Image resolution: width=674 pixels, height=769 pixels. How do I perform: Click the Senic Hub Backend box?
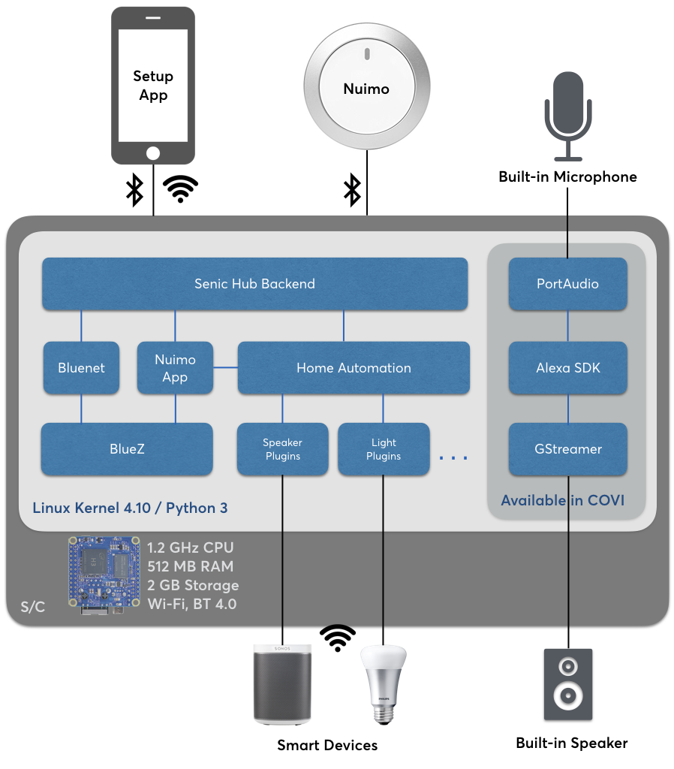coord(254,284)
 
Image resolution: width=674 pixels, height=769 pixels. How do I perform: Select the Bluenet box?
coord(81,368)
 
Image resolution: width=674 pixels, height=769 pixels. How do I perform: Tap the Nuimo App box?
coord(175,368)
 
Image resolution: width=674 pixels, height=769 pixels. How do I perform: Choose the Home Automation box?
coord(354,368)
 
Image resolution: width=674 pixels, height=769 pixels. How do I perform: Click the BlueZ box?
coord(127,449)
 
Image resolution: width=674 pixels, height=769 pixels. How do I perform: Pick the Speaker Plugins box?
coord(282,449)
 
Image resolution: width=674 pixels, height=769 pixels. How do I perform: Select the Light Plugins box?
coord(384,449)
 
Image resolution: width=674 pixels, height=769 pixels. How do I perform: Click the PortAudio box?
coord(567,284)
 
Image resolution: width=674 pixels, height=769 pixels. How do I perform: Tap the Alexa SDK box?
coord(567,368)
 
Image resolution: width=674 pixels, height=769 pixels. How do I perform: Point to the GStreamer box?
coord(567,449)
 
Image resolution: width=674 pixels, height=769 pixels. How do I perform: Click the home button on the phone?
coord(153,153)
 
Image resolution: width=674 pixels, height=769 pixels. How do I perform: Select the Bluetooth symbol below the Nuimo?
coord(351,190)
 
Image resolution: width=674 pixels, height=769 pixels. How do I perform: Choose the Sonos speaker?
coord(282,682)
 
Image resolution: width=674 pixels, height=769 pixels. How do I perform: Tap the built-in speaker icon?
coord(567,684)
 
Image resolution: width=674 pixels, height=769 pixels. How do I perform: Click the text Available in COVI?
coord(562,500)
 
